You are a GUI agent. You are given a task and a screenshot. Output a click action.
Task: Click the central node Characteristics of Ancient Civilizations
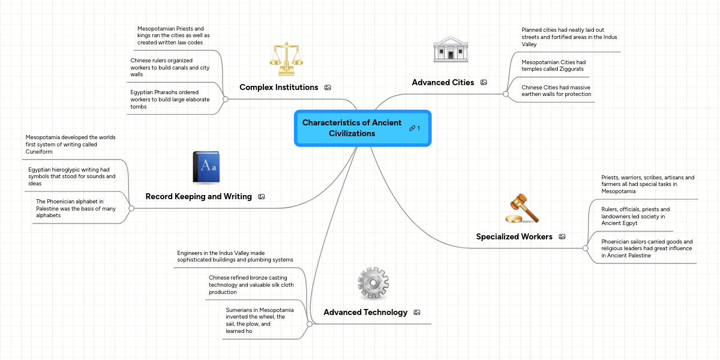(x=352, y=128)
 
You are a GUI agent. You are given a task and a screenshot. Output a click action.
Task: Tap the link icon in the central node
(x=412, y=128)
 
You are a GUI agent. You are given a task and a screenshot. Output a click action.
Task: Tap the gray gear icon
(x=373, y=283)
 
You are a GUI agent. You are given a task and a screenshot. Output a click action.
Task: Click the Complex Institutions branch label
(x=278, y=88)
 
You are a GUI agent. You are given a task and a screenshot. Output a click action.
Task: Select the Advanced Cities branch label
(x=443, y=82)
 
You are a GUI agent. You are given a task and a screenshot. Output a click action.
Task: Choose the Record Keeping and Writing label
(x=199, y=197)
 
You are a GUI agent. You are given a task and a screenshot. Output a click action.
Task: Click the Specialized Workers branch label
(x=514, y=236)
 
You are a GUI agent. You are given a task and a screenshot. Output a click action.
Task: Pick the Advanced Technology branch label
(x=365, y=313)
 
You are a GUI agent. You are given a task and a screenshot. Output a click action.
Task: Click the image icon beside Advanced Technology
(x=417, y=313)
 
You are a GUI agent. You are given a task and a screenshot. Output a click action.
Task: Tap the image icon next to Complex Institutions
(x=328, y=88)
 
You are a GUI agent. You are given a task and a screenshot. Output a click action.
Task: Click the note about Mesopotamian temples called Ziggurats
(x=553, y=65)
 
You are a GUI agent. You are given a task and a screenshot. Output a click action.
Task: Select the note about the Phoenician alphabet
(x=76, y=208)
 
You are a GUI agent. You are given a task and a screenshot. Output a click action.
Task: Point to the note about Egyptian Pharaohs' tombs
(x=170, y=100)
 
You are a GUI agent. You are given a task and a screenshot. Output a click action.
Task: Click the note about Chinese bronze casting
(x=251, y=285)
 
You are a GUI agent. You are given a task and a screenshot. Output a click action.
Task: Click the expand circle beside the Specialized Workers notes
(x=586, y=247)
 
